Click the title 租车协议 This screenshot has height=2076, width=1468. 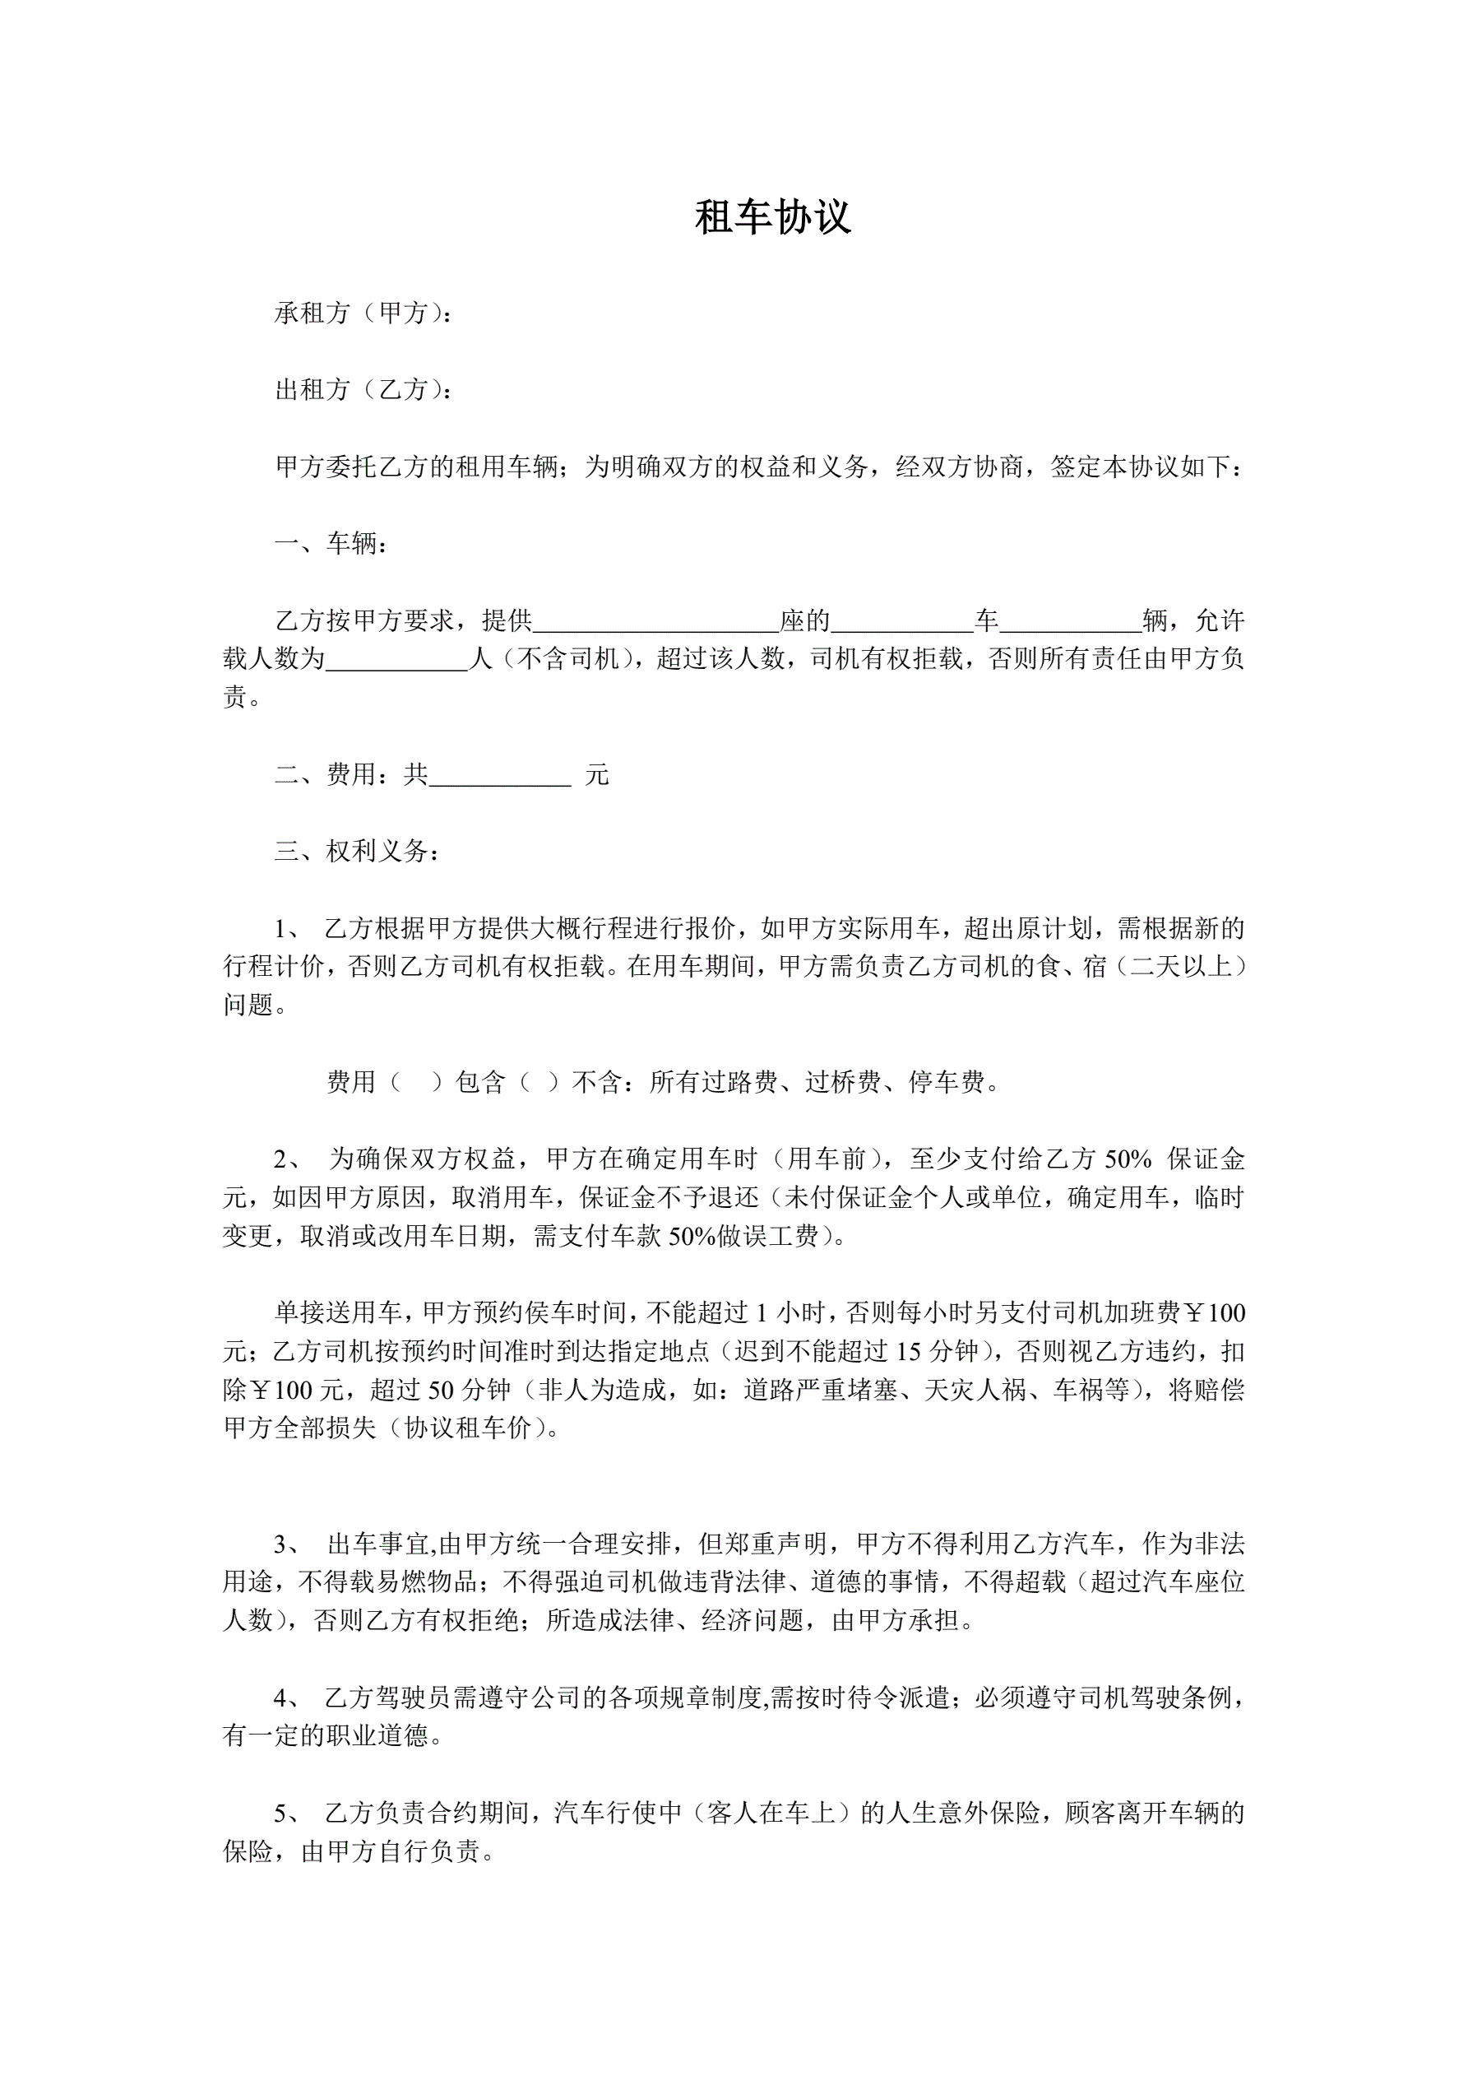pyautogui.click(x=773, y=218)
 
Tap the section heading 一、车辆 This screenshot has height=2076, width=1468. pyautogui.click(x=331, y=543)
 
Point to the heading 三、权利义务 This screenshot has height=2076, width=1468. pyautogui.click(x=356, y=852)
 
